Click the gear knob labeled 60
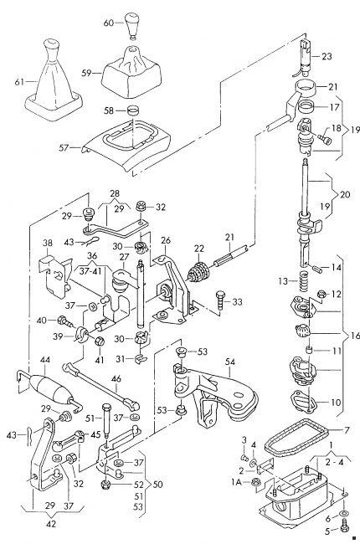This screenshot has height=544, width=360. (132, 27)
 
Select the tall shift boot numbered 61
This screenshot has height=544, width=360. (54, 82)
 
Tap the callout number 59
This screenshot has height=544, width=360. (86, 73)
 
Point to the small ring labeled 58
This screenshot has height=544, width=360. (133, 111)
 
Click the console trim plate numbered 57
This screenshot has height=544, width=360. (127, 145)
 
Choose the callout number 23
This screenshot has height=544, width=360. (327, 56)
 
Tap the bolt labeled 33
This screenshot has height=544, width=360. (220, 300)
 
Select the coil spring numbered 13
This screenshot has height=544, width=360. (304, 282)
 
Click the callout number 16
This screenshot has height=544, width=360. (355, 335)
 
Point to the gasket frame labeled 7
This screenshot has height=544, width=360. (298, 437)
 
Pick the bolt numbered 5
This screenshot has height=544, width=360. (346, 525)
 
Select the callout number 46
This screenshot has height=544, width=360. (116, 378)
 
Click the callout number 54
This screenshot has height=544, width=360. (230, 362)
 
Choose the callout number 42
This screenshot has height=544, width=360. (51, 524)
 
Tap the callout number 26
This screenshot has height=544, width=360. (166, 240)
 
